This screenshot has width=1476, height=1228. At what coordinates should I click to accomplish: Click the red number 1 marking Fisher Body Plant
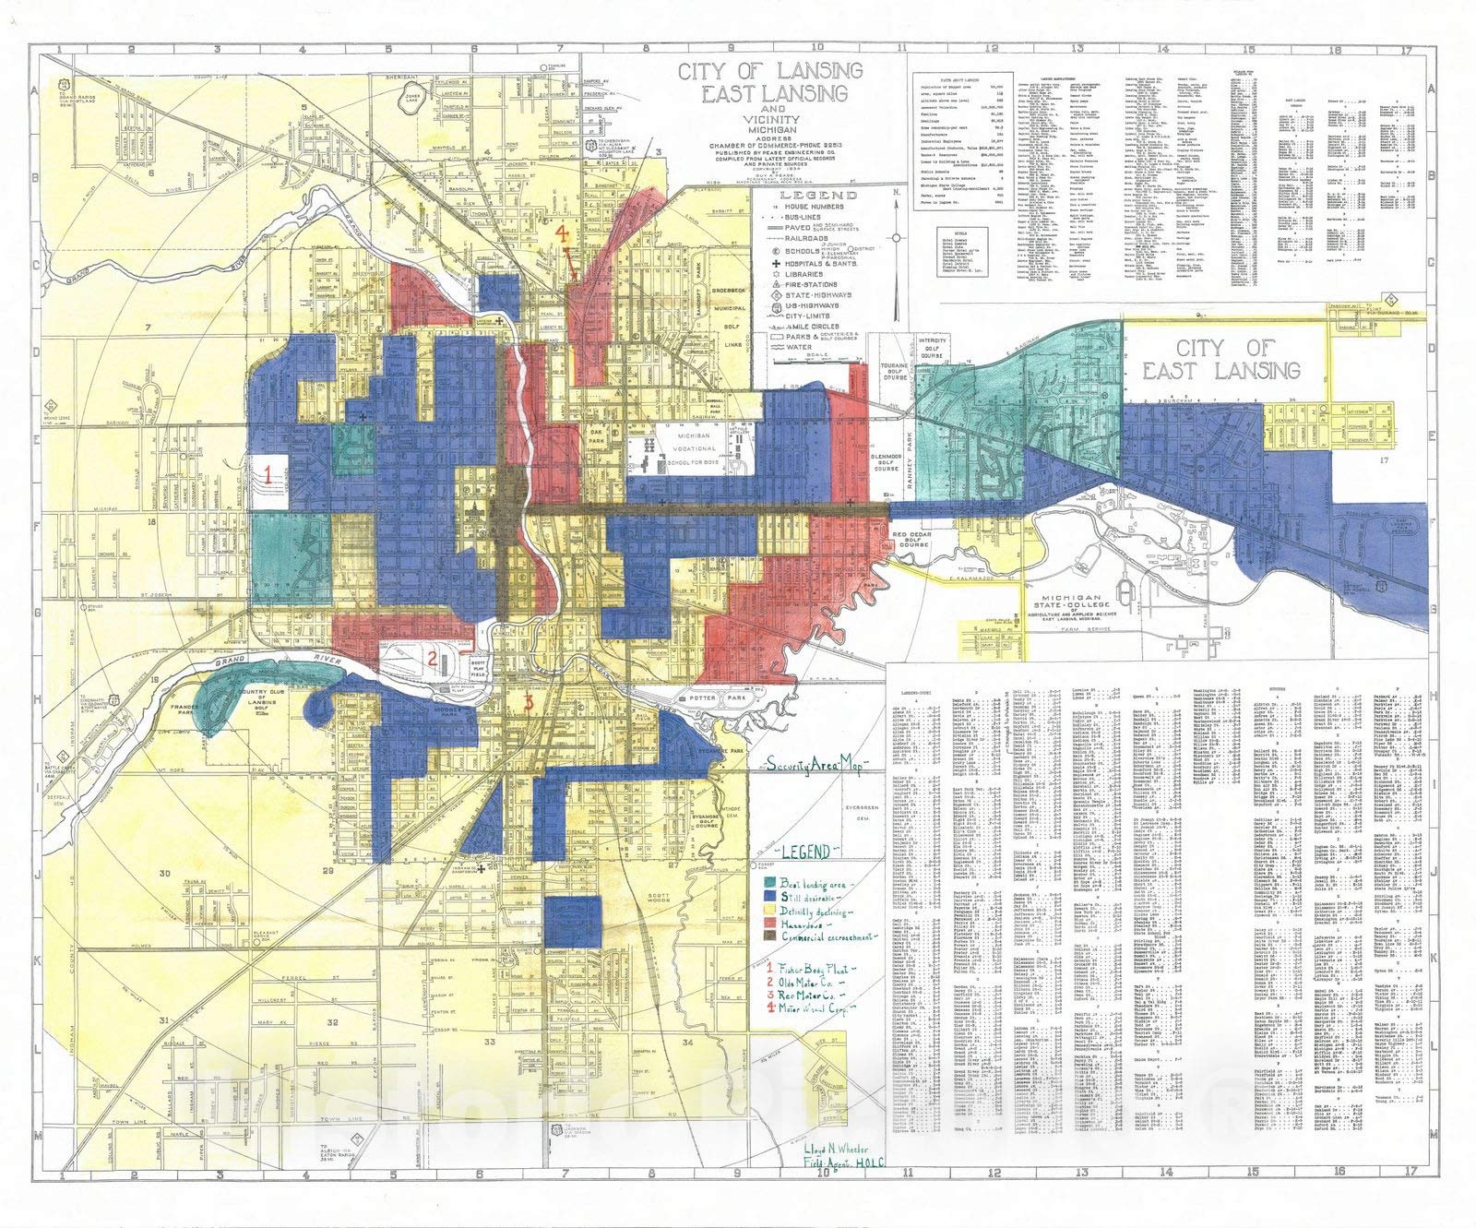pyautogui.click(x=268, y=476)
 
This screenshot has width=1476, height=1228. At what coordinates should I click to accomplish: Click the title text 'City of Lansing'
pyautogui.click(x=769, y=71)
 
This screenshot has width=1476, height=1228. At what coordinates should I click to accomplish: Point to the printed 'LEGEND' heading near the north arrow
pyautogui.click(x=805, y=196)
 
